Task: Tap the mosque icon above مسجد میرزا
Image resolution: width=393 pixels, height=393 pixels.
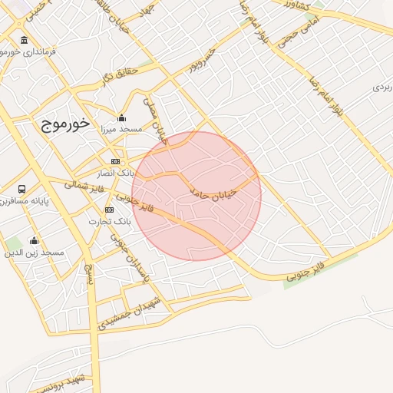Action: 121,117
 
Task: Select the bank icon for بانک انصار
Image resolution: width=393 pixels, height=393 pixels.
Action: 115,161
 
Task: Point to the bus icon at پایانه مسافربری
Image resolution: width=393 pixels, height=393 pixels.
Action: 21,189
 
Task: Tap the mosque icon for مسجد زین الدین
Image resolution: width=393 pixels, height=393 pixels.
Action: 34,240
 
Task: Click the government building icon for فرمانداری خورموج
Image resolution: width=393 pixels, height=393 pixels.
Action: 25,40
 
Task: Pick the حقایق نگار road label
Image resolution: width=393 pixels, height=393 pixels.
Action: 118,74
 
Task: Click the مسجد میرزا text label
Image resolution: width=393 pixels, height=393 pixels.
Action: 121,130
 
